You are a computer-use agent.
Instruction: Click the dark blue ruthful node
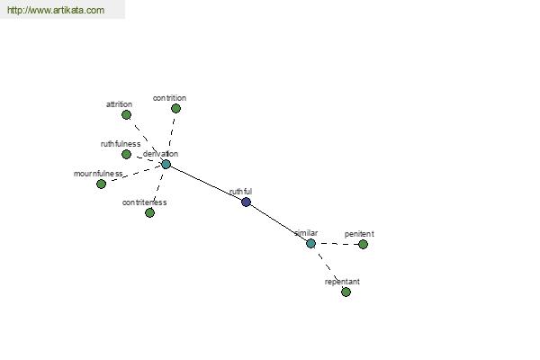click(246, 202)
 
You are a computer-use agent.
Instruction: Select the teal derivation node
click(166, 165)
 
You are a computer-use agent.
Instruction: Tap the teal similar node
click(310, 244)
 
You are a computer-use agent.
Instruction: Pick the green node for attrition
click(126, 114)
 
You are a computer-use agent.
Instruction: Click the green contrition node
click(176, 109)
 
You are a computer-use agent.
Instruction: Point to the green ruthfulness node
click(126, 154)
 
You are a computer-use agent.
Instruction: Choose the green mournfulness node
click(101, 184)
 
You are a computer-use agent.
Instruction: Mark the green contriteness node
click(149, 213)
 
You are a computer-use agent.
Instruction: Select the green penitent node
click(363, 244)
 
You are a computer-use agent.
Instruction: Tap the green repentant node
click(346, 292)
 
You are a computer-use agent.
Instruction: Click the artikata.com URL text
click(56, 10)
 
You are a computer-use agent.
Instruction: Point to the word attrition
click(119, 104)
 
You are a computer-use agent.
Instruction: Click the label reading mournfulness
click(98, 174)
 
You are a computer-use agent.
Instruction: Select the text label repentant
click(342, 282)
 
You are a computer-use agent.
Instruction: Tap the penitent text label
click(359, 234)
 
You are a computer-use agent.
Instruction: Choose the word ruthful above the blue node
click(240, 191)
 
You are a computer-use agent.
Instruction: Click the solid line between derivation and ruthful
click(206, 184)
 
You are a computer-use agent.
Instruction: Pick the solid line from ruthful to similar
click(278, 223)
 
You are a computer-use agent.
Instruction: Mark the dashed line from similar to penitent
click(337, 244)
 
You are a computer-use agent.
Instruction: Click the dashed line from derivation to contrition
click(171, 137)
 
